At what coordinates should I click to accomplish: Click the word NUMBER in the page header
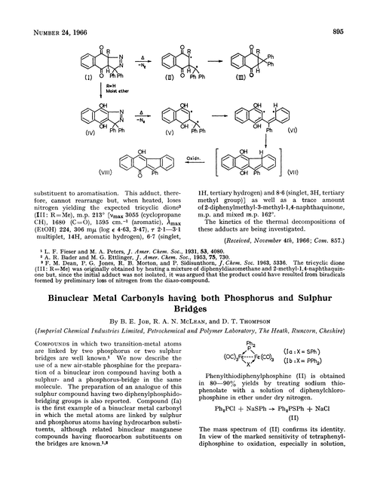pos(28,10)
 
